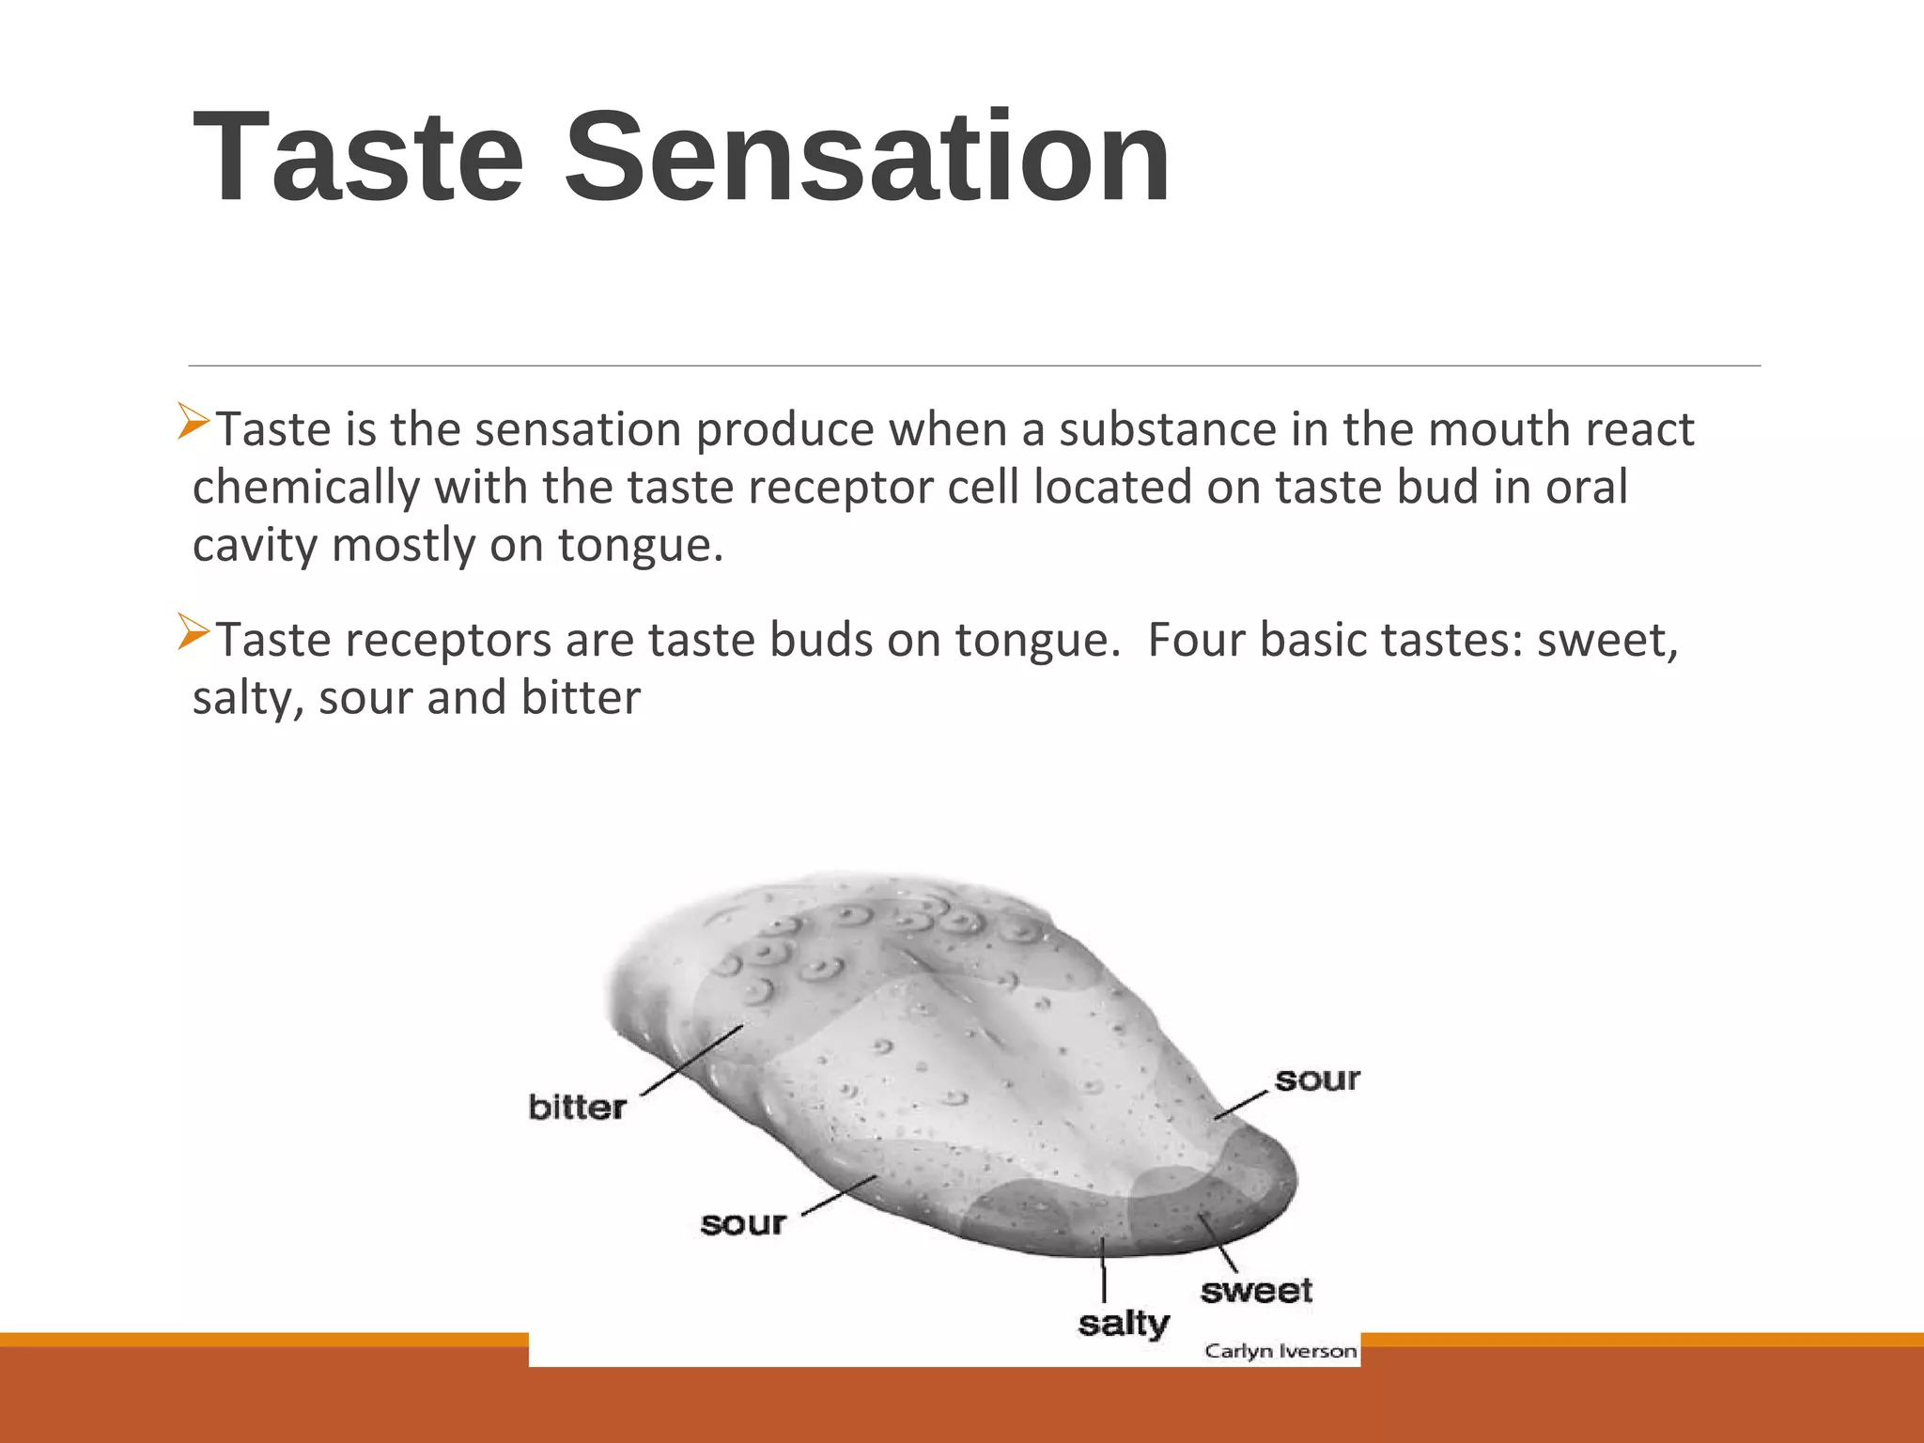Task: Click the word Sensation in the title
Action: [866, 158]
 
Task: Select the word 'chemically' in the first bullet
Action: [306, 489]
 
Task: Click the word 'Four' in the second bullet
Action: [1195, 641]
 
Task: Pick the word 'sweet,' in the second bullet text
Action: [1607, 641]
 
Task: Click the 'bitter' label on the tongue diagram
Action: [577, 1108]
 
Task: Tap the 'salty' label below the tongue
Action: [1124, 1324]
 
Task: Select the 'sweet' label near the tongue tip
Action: [1256, 1291]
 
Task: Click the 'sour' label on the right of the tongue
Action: [1317, 1080]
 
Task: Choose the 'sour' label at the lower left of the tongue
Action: [743, 1224]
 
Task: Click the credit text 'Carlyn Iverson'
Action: [1280, 1351]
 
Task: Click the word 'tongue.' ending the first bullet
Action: [641, 546]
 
